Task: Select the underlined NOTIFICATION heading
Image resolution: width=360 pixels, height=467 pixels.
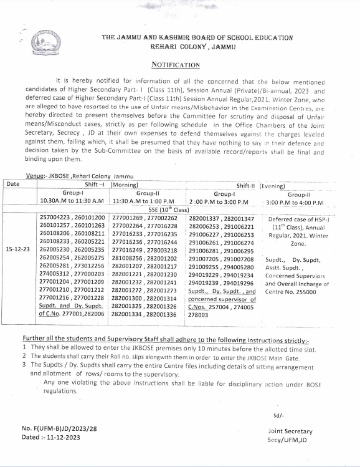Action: coord(176,64)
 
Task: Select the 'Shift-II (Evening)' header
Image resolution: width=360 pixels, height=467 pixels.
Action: coord(260,186)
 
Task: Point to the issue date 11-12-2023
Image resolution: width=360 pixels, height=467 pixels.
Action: coord(65,438)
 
